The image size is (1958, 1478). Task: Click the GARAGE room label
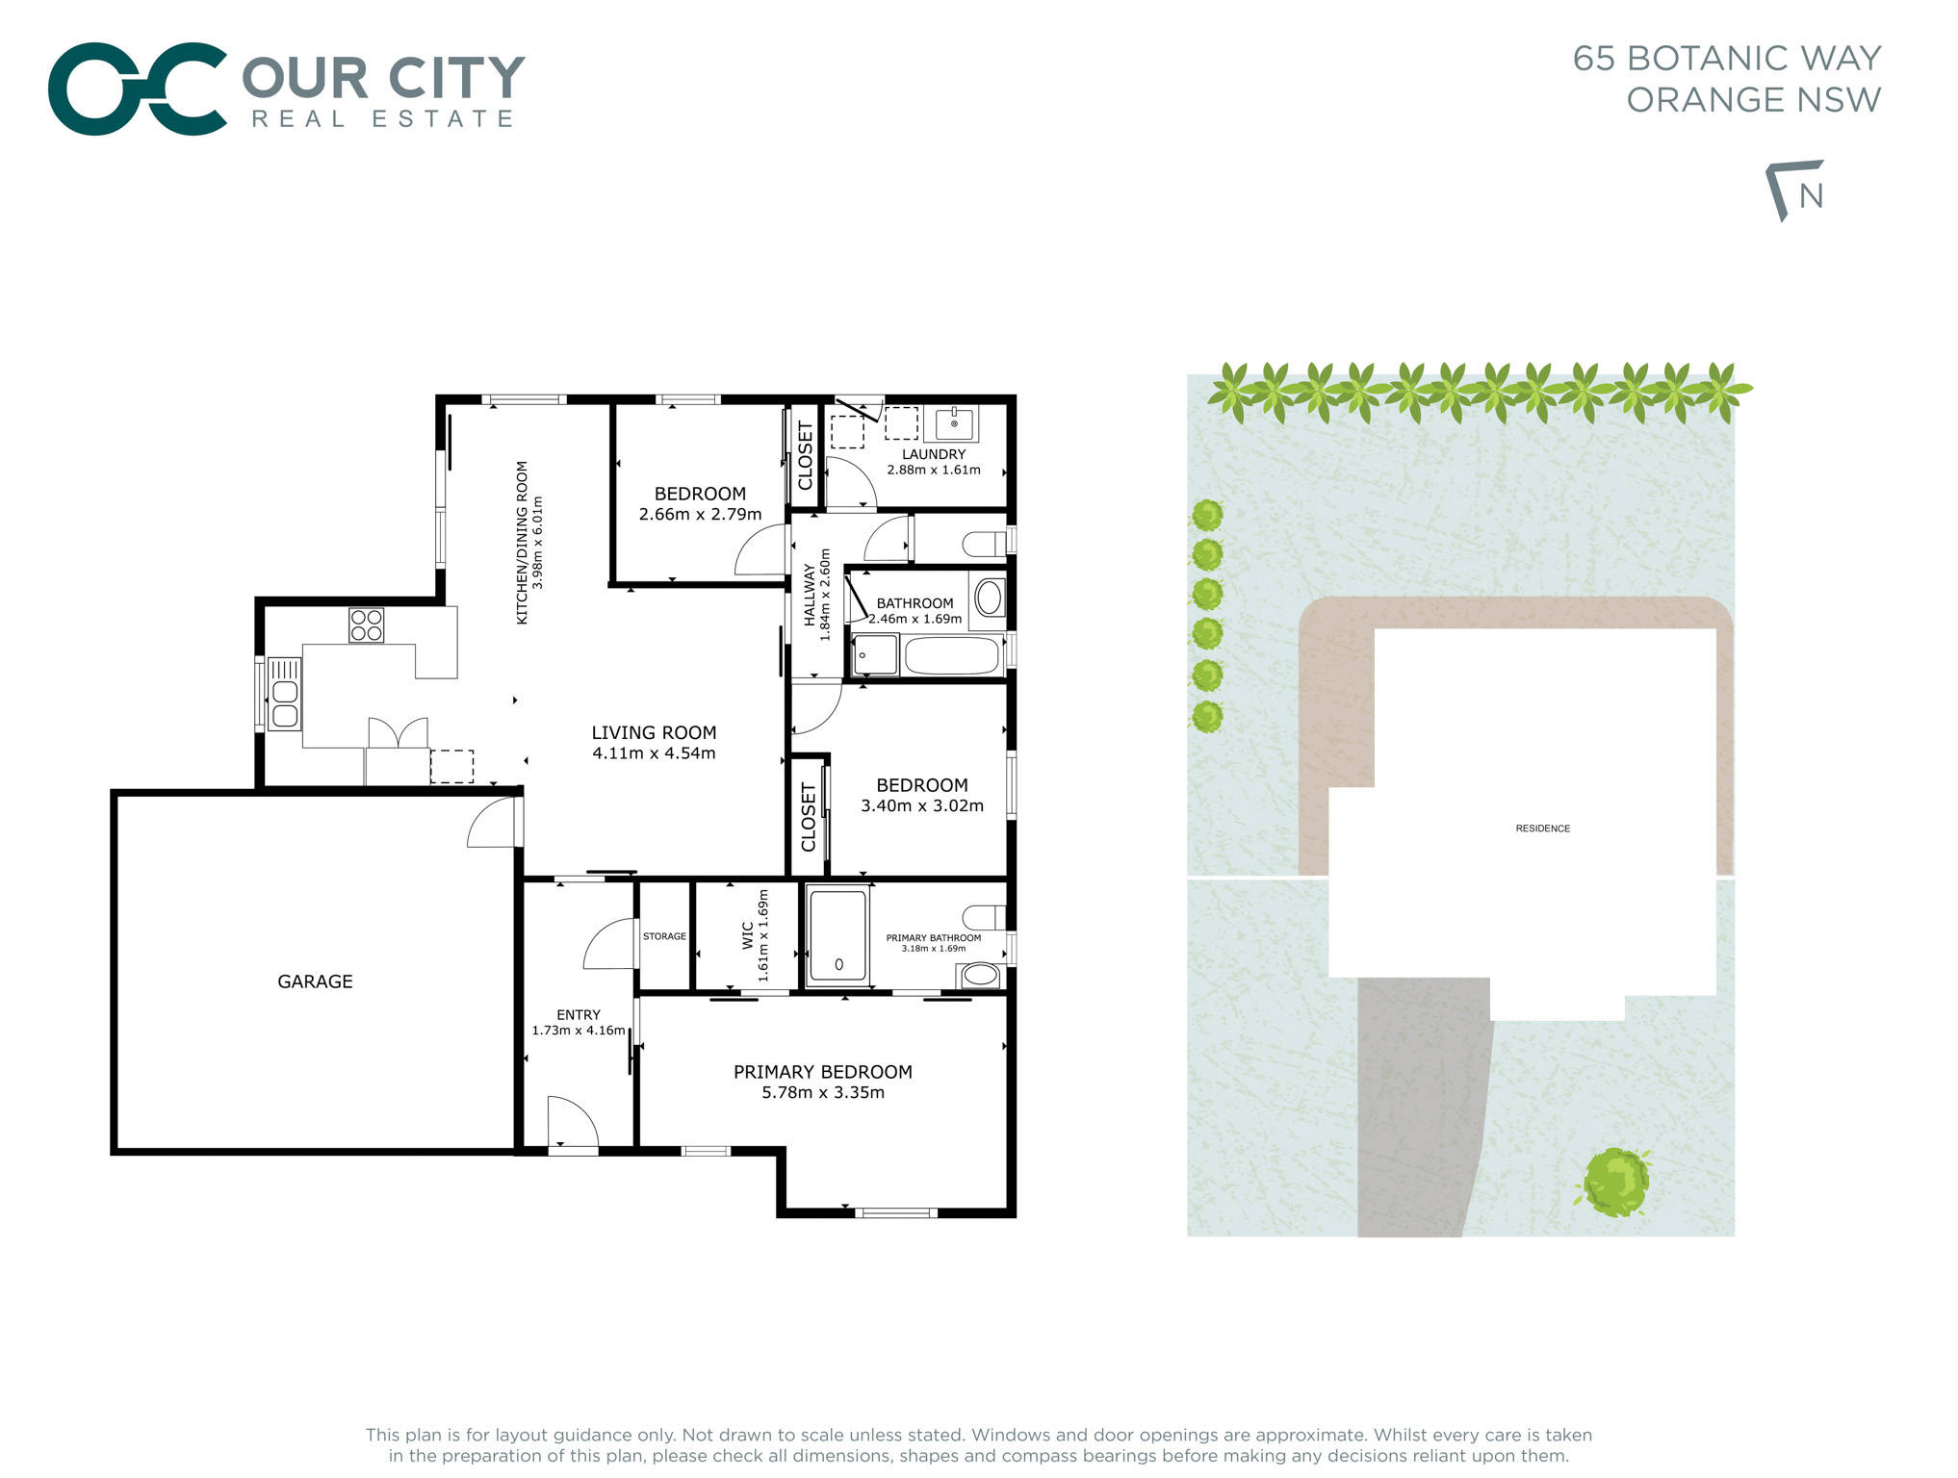315,981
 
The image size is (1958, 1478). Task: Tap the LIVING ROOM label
654,732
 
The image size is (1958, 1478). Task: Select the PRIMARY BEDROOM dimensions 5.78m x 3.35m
823,1093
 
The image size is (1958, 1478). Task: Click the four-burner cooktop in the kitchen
366,625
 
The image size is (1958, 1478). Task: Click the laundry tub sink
954,423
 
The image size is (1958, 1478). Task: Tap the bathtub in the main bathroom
951,656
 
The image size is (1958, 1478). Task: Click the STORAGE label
664,936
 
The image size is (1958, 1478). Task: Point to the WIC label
748,935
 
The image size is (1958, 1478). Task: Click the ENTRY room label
579,1015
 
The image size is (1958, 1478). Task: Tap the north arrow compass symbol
1795,191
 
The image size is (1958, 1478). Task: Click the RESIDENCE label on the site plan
1542,828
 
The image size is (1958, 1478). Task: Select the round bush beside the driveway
1615,1182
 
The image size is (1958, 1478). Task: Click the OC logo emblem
138,89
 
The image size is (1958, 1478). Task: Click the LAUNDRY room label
933,454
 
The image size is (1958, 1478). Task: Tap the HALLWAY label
810,595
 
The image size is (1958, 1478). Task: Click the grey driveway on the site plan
1415,1107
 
